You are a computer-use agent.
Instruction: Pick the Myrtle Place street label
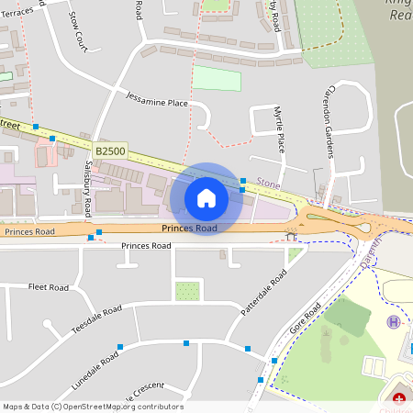[279, 129]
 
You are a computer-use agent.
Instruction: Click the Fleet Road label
[49, 287]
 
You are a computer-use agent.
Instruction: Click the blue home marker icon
[206, 197]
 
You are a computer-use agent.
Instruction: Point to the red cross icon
[399, 398]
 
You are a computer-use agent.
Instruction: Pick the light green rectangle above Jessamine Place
[217, 79]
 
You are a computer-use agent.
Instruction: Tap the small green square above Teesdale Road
[187, 291]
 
